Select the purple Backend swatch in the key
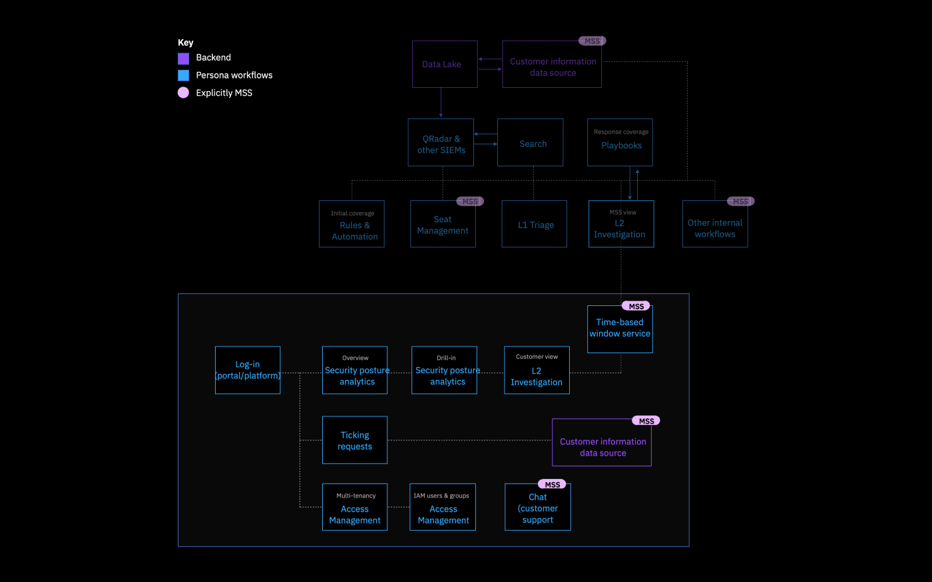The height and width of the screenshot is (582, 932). click(x=184, y=59)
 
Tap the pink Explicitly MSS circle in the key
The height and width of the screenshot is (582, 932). click(x=184, y=93)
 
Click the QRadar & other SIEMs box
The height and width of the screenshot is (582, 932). click(x=441, y=143)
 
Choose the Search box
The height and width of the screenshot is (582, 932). click(x=530, y=143)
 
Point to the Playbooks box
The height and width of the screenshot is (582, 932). click(x=620, y=143)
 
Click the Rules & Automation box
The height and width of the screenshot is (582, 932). click(x=351, y=225)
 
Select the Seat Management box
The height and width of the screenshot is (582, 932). click(x=443, y=225)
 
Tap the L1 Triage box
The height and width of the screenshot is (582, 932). click(x=534, y=225)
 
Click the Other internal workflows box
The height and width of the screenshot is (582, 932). click(x=715, y=225)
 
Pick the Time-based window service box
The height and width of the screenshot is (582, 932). click(x=620, y=330)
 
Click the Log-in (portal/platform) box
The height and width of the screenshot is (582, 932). click(x=248, y=370)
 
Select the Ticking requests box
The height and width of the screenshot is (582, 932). click(x=355, y=440)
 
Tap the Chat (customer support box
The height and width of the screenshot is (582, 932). click(x=537, y=508)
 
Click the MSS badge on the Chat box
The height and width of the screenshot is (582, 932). click(x=552, y=485)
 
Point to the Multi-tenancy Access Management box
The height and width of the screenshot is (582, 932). click(x=355, y=508)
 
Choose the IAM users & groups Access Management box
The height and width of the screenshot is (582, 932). click(x=443, y=508)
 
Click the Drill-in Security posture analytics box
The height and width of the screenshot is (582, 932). click(x=444, y=370)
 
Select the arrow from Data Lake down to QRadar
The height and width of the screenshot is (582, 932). click(x=441, y=103)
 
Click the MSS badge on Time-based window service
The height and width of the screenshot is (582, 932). click(x=636, y=307)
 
